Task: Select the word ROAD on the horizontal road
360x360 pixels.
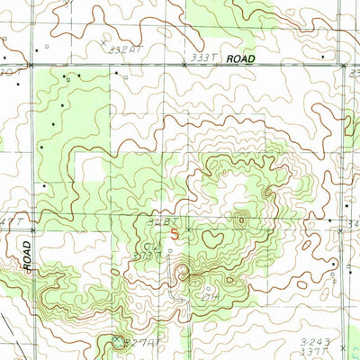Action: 241,58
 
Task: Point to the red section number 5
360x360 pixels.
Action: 175,231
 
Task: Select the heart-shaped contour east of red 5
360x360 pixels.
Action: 214,238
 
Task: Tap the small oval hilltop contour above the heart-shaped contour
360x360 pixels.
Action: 240,218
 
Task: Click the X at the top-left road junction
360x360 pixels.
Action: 31,66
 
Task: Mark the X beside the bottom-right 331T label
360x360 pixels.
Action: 343,346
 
